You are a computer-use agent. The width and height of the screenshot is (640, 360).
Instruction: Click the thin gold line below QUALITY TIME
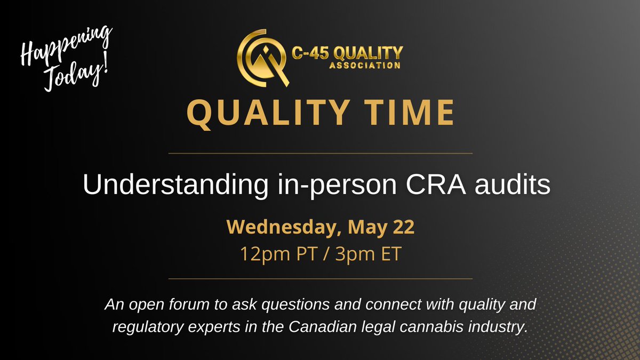[320, 153]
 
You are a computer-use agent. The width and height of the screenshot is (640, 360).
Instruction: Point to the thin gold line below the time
[320, 278]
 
